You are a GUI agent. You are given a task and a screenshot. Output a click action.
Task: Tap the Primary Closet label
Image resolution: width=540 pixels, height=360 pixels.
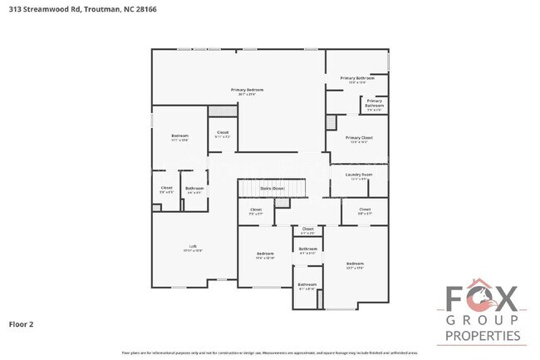[x=359, y=138]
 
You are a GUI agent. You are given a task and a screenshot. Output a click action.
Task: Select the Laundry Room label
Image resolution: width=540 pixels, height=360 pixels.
[x=359, y=175]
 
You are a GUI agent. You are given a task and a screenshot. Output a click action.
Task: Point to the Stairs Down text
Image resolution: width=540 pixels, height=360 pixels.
[x=272, y=189]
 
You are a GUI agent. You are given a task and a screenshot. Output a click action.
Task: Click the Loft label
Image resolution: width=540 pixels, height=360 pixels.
[x=193, y=246]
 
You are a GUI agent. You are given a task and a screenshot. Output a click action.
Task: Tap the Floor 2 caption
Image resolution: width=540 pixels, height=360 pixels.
[x=22, y=323]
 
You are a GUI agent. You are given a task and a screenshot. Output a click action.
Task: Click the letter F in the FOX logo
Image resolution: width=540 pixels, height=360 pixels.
[x=457, y=298]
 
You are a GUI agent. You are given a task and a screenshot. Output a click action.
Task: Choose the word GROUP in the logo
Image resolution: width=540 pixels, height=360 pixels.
[x=483, y=320]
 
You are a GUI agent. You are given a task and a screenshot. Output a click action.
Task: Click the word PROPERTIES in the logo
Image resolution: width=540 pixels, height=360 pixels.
[x=483, y=336]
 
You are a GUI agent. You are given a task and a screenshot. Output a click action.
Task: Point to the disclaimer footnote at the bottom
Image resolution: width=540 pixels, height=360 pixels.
[x=269, y=353]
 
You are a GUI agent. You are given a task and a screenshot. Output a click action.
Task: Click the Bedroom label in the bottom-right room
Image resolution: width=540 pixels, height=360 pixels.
[x=355, y=264]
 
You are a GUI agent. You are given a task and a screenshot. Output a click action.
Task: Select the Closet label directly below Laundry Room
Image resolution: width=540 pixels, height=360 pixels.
[x=365, y=210]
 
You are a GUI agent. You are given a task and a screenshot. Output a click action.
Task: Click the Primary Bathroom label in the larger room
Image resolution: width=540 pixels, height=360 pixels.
[x=357, y=78]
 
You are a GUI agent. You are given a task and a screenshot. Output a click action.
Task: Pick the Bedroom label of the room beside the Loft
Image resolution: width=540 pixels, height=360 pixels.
[x=265, y=254]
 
